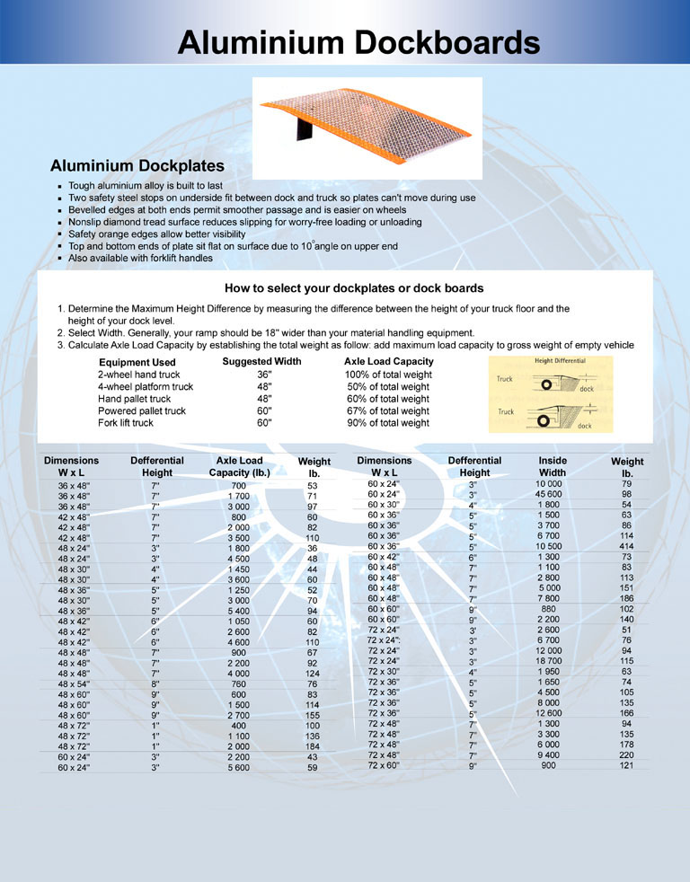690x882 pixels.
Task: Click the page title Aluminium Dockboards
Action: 358,42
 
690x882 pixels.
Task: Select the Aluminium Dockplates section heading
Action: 137,166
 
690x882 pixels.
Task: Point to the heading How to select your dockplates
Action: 354,288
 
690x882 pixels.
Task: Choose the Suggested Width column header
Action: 261,361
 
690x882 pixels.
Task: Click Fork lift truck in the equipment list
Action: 126,423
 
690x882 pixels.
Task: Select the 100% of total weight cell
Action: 387,375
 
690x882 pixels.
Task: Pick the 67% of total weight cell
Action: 387,410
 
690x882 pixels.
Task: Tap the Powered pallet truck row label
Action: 142,410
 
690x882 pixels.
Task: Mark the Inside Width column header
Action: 553,466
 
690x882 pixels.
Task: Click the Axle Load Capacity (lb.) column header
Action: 239,466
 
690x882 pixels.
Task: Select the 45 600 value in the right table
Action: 549,494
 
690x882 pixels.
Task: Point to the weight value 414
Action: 626,546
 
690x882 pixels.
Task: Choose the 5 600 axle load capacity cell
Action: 239,768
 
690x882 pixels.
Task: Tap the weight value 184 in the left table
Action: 313,746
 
